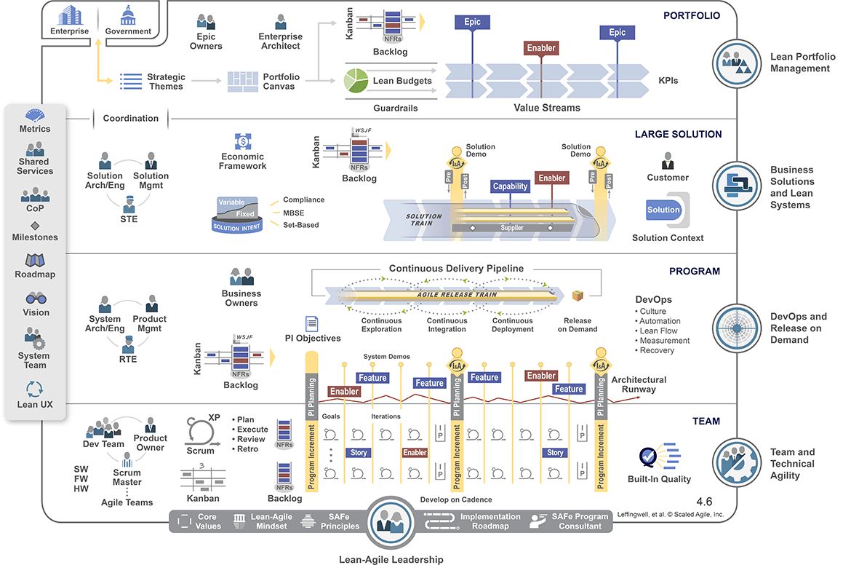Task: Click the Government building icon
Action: [x=129, y=15]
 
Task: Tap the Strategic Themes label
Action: [x=166, y=81]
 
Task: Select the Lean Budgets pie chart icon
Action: [x=356, y=81]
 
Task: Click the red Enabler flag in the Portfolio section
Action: [x=541, y=48]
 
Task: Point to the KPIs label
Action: [x=668, y=81]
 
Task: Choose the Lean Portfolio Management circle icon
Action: [x=736, y=63]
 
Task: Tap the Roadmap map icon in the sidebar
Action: [x=35, y=261]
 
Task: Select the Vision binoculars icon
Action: [x=35, y=299]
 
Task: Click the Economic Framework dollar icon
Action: [x=243, y=141]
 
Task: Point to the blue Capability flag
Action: [x=510, y=186]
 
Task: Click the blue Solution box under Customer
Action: [x=663, y=210]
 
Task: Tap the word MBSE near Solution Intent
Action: [x=293, y=213]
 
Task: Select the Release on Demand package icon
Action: [x=578, y=296]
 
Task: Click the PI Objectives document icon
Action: [x=311, y=323]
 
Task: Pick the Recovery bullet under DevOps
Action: [x=656, y=350]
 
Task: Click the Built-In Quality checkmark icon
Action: [x=649, y=457]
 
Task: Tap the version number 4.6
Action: [x=704, y=502]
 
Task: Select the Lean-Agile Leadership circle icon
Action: [x=391, y=522]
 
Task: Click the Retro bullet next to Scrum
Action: [x=249, y=448]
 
